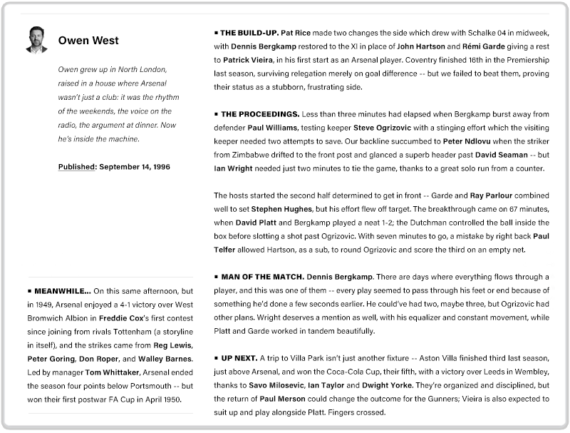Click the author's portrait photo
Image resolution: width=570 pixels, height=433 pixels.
click(x=36, y=40)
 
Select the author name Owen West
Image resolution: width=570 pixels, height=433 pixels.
click(x=88, y=41)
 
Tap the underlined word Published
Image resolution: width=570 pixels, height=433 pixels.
click(x=77, y=167)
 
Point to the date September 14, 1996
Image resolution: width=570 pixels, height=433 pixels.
click(x=135, y=167)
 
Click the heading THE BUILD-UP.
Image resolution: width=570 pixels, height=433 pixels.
click(x=249, y=33)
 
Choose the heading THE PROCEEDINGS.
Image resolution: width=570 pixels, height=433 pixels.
click(x=259, y=114)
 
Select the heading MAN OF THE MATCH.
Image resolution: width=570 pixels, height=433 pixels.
click(x=262, y=276)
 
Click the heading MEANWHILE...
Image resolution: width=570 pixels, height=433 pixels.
click(x=62, y=291)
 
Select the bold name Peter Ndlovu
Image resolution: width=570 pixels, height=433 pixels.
click(x=468, y=141)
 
